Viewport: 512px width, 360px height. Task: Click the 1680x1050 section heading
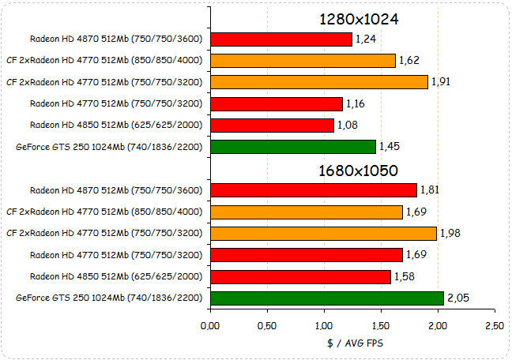point(358,170)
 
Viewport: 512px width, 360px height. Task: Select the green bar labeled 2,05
point(326,297)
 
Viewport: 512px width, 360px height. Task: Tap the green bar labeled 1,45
point(292,146)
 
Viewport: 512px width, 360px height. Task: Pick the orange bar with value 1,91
point(318,81)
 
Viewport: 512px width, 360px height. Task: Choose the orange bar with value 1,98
point(322,232)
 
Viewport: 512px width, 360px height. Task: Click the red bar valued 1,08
point(272,125)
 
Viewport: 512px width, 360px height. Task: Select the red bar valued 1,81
point(313,189)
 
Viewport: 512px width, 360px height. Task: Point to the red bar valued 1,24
point(280,39)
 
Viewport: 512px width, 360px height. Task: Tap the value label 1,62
point(408,60)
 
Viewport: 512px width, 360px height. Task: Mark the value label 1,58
point(404,276)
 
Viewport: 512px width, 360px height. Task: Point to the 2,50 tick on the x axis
point(494,324)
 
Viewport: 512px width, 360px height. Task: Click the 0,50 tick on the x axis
point(267,324)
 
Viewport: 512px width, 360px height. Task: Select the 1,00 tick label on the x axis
point(324,324)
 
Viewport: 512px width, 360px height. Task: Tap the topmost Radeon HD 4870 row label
point(116,39)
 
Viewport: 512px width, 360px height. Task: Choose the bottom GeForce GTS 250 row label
point(109,298)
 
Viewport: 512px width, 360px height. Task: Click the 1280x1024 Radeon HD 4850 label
point(116,125)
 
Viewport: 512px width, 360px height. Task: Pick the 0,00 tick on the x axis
point(210,324)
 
